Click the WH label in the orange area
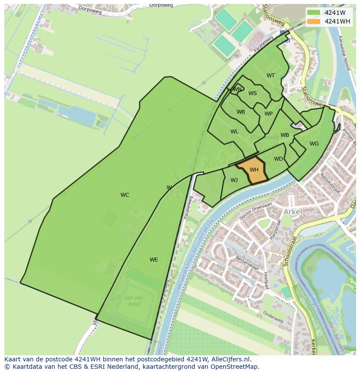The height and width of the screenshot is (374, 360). coord(254,170)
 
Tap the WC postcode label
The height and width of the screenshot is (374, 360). coord(125,195)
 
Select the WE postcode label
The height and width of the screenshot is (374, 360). coord(154,260)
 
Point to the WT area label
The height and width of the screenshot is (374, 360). coord(271,76)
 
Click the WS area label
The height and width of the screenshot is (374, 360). coord(253,93)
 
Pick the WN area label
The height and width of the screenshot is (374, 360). coord(237,89)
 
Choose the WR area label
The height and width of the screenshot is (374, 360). coord(241,112)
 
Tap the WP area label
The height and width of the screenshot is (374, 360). coord(269,114)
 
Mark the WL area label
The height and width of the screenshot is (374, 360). coord(234,132)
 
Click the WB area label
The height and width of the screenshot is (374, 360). coord(285,135)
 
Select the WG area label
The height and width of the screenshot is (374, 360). coord(314,144)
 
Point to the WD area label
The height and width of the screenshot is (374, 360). coord(279,159)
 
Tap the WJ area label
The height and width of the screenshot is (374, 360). coord(234,180)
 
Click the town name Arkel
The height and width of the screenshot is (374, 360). coord(293,212)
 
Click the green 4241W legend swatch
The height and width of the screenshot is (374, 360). coord(313,13)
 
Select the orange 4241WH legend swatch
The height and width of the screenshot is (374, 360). coord(313,21)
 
